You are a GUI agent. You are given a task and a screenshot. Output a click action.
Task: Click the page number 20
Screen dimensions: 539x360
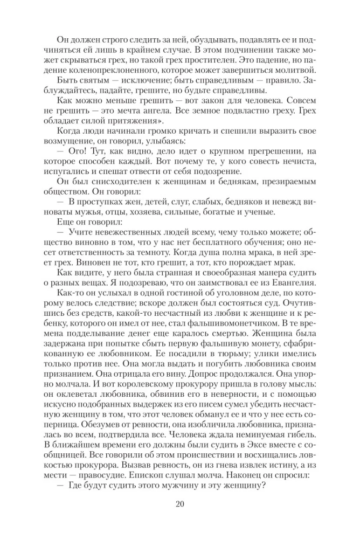(x=180, y=505)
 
